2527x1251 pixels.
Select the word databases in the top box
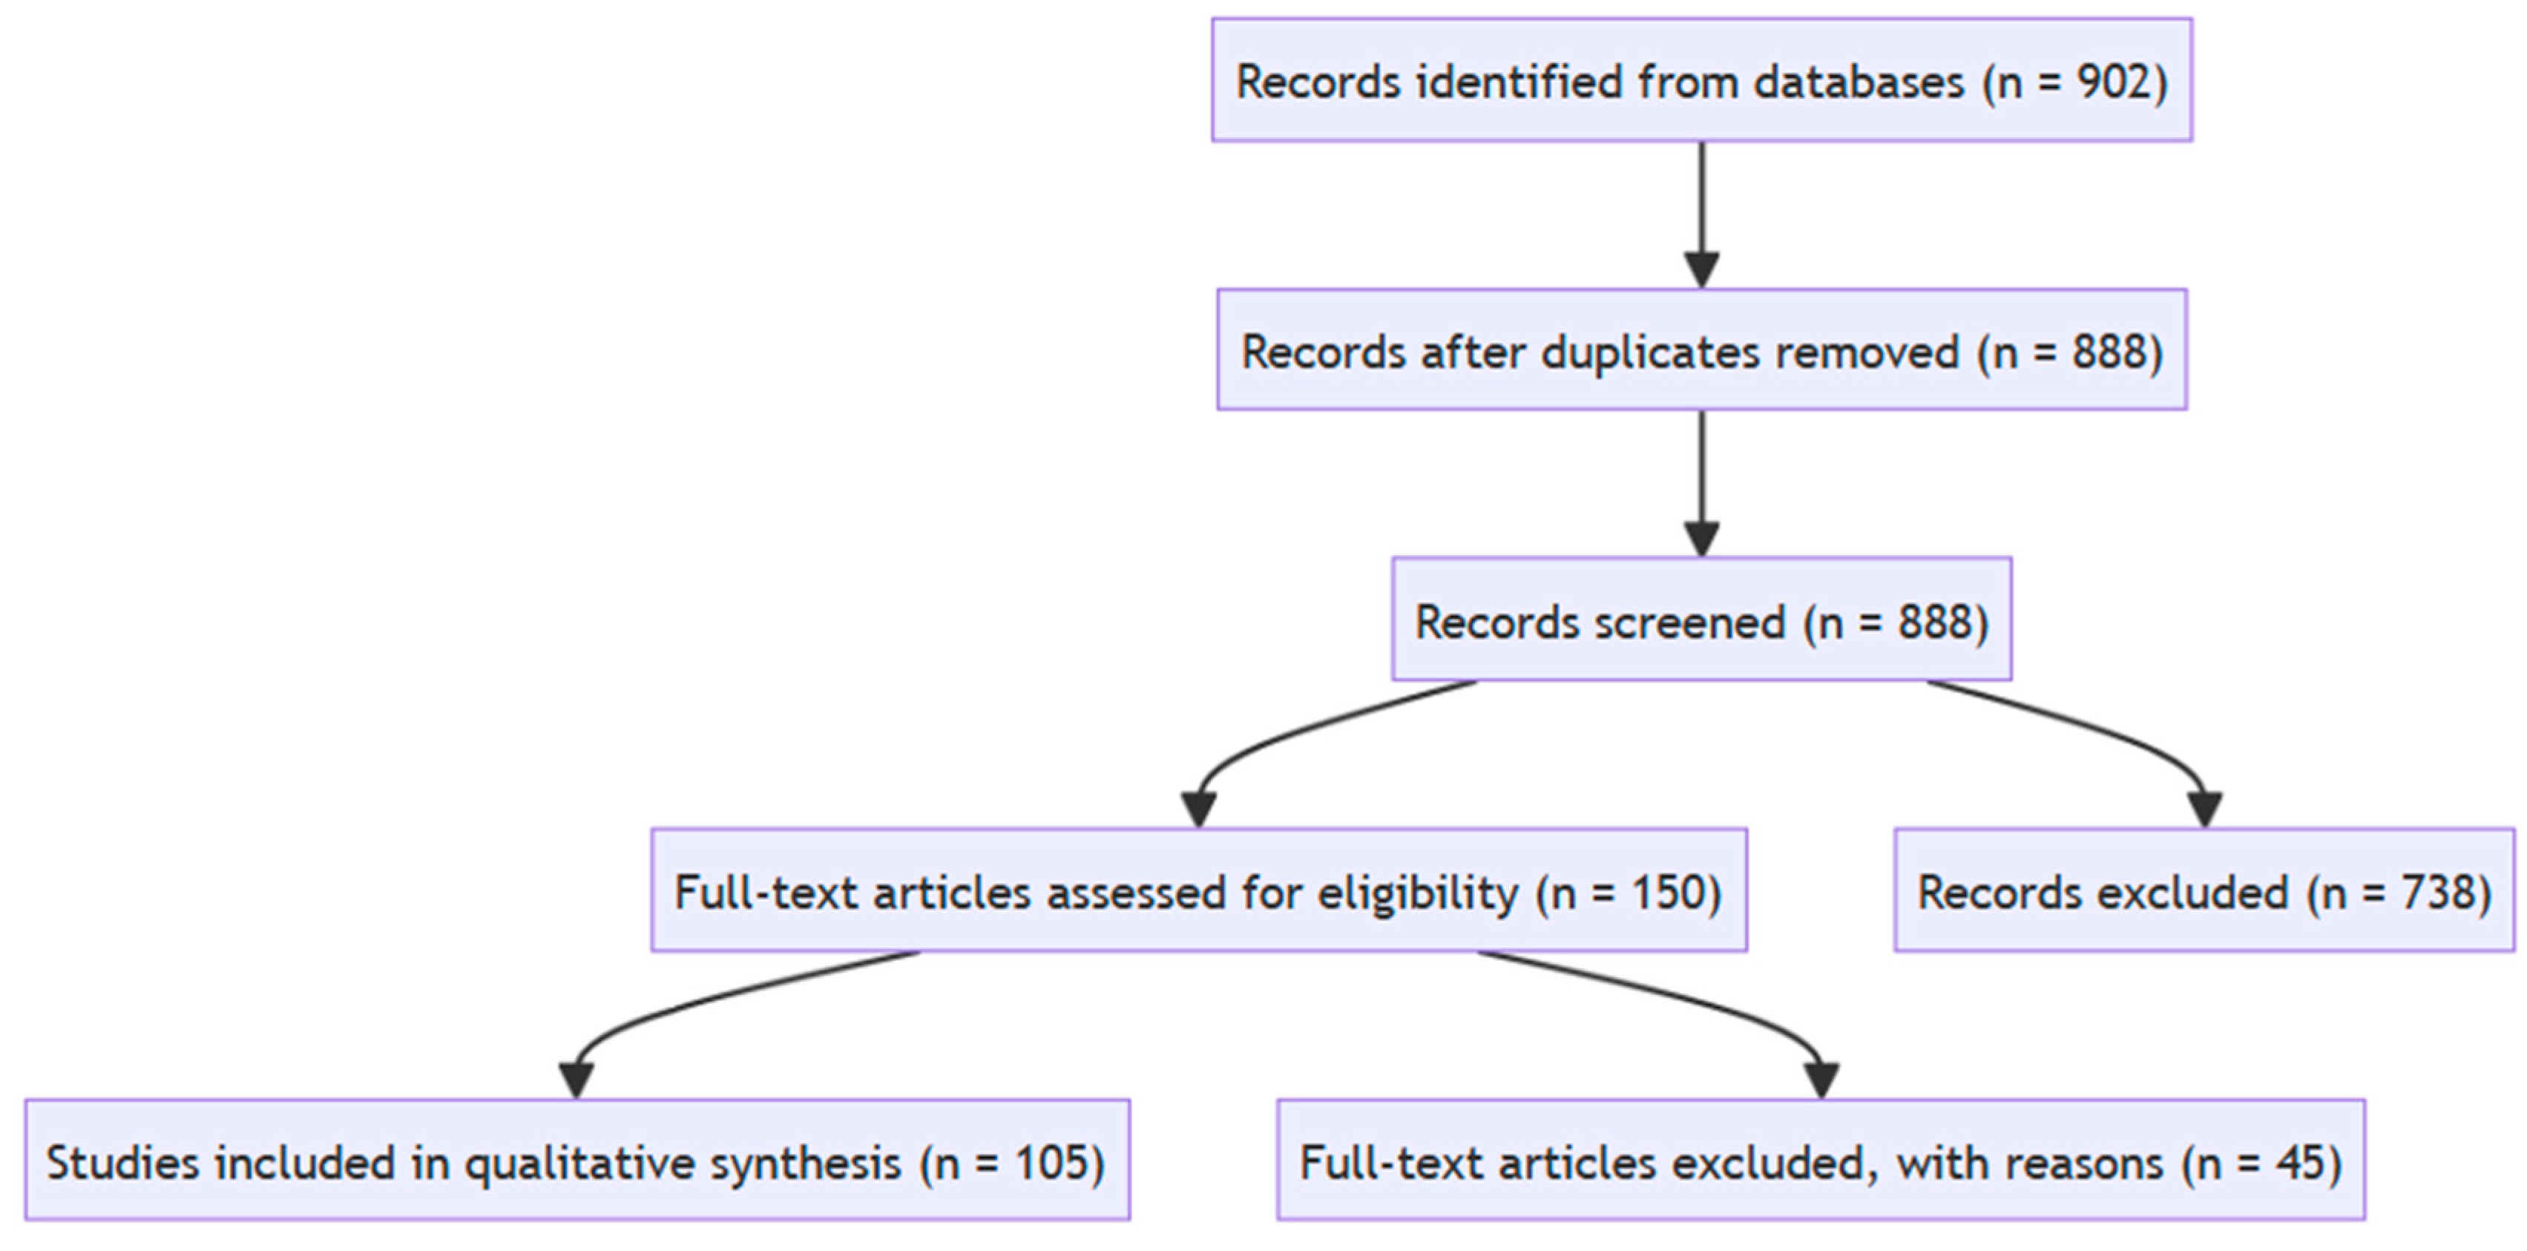tap(1859, 82)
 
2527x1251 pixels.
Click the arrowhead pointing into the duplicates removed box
tap(1701, 268)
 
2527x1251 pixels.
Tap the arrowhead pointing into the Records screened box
tap(1701, 538)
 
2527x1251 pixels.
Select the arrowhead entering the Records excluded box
tap(2204, 809)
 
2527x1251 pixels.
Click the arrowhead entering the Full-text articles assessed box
tap(1199, 809)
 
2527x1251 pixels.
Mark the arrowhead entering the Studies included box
tap(576, 1080)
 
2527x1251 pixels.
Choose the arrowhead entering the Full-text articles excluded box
tap(1821, 1080)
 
